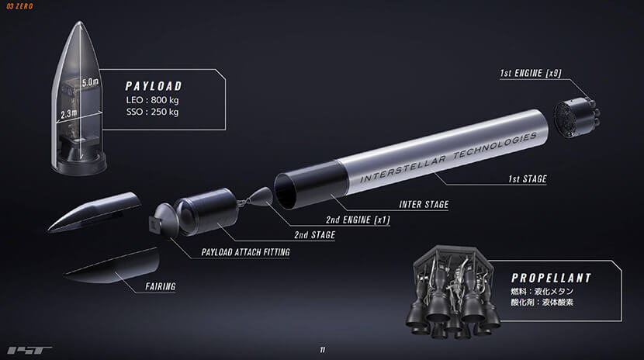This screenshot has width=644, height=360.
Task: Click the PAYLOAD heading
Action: [x=154, y=86]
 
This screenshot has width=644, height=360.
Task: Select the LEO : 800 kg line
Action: [x=152, y=100]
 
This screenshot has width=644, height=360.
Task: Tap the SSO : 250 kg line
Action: [x=152, y=112]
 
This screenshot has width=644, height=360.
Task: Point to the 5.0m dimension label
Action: [x=90, y=82]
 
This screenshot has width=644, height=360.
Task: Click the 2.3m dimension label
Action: [x=68, y=114]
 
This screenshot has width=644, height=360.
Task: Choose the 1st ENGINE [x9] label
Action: [x=531, y=73]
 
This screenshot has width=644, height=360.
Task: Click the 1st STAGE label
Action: [x=528, y=179]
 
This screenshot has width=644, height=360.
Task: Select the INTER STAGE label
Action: [x=424, y=204]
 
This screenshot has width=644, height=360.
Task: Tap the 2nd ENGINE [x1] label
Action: [x=358, y=220]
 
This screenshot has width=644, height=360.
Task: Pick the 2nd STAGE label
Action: [x=314, y=235]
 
